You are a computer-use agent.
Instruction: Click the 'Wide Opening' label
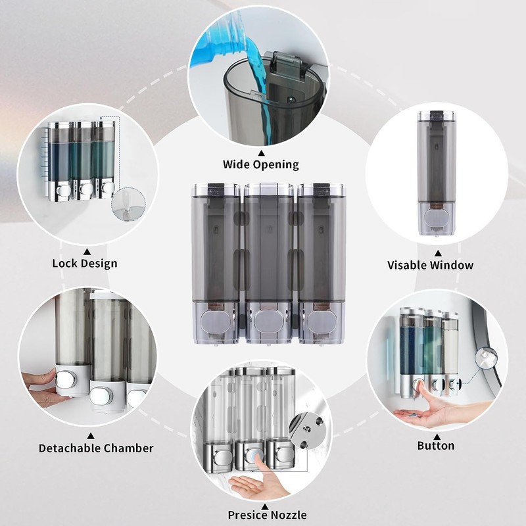tap(260, 164)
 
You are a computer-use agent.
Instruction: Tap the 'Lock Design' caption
tap(85, 264)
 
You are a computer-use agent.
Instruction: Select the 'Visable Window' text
tap(430, 265)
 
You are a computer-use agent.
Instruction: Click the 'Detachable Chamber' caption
tap(96, 448)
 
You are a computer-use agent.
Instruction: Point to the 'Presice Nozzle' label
tap(267, 515)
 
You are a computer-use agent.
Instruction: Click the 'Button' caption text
tap(435, 446)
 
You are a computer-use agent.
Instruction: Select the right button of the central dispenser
tap(322, 320)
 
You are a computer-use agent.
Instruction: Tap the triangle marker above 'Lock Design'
tap(87, 251)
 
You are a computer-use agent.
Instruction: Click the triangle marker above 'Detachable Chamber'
tap(90, 435)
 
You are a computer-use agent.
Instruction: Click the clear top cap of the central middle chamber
tap(268, 190)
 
